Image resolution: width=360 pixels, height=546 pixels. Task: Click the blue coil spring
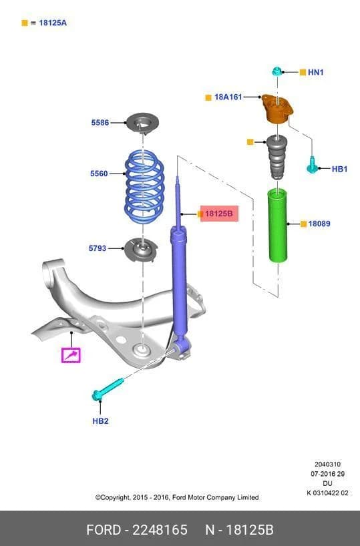pos(144,187)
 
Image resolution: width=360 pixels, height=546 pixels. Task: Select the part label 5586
pos(100,123)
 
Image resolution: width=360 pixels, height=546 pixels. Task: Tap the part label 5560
pos(99,174)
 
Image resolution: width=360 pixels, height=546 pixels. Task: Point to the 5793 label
pos(98,248)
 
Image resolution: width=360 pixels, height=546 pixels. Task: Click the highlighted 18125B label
pos(219,214)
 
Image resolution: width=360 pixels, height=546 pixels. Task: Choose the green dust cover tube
pos(278,226)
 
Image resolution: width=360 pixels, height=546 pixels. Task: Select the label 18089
pos(319,224)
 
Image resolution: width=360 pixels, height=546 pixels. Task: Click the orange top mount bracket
pos(277,109)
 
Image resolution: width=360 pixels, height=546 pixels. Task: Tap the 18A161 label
pos(228,97)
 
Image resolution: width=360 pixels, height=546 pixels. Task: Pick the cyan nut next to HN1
pos(277,71)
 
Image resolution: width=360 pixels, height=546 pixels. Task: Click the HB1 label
pos(339,170)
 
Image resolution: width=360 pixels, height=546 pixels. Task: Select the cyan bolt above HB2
pos(108,388)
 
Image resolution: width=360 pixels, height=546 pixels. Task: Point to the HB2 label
pos(100,421)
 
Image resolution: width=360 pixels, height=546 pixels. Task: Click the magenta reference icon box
pos(71,355)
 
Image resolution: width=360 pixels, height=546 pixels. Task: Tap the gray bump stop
pos(277,157)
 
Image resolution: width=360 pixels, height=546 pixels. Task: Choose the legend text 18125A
pos(53,23)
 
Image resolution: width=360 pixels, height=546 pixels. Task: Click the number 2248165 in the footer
pos(160,530)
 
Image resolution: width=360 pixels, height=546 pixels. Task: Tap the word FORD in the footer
pos(104,530)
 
